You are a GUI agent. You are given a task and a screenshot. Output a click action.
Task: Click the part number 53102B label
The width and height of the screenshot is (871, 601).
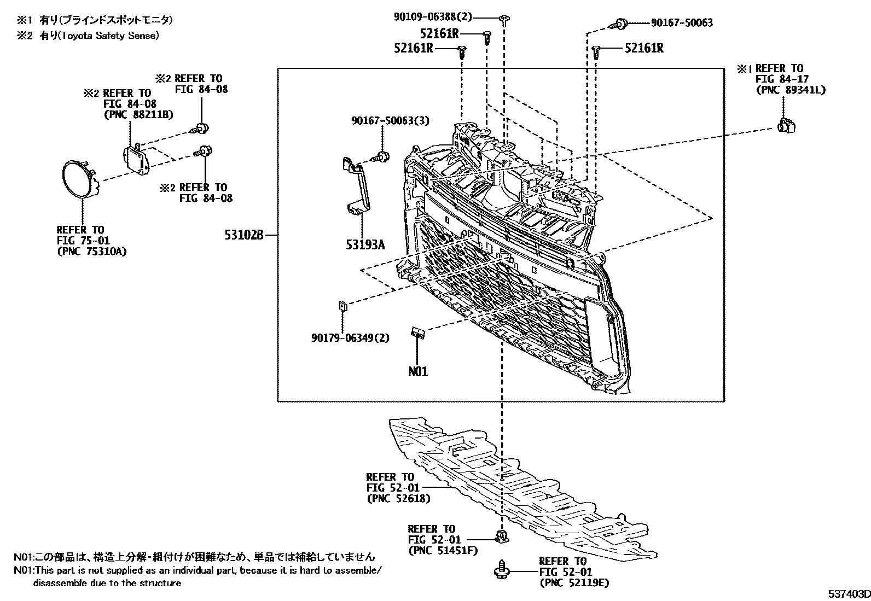[243, 236]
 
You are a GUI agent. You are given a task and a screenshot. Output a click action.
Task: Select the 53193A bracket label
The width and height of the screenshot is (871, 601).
[365, 244]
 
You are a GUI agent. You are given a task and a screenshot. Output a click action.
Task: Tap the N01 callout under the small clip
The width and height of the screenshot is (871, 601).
[418, 372]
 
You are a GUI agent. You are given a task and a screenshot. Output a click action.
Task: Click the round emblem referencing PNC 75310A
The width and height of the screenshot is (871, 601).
[80, 179]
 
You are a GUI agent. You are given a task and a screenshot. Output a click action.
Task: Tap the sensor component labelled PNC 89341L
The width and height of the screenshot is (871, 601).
[786, 126]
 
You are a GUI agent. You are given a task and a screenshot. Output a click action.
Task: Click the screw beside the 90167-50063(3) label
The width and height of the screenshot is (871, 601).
[382, 157]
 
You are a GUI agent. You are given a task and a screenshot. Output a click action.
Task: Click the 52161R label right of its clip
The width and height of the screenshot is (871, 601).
[644, 48]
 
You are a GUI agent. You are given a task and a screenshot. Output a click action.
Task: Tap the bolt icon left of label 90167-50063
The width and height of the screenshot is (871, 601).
[619, 23]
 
